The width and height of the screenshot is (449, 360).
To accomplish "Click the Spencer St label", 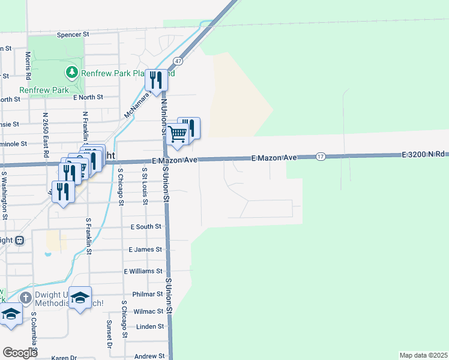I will pos(73,35).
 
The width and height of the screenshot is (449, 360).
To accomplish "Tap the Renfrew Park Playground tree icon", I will pos(72,73).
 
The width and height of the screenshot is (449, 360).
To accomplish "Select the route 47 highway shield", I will pos(178,61).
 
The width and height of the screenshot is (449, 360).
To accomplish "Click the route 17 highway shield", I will pos(321,156).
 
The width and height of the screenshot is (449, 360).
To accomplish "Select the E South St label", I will pos(146,227).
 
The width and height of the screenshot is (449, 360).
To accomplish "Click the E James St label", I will pos(145,249).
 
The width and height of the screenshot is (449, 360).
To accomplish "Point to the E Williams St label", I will pos(143,271).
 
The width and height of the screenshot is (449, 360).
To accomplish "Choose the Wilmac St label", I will pos(148,311).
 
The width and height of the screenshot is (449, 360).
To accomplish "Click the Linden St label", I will pos(150,326).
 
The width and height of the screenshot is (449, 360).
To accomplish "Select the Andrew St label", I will pos(149,356).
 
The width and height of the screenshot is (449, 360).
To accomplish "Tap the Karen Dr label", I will pos(64,358).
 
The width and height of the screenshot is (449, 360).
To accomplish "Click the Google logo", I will pos(20,353).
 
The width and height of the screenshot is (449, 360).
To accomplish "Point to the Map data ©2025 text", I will pos(423,355).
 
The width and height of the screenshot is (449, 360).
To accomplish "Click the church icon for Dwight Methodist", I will pos(25,298).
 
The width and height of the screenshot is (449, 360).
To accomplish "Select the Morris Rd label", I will pos(28,65).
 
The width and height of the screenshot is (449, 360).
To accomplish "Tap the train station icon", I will pos(19,240).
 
